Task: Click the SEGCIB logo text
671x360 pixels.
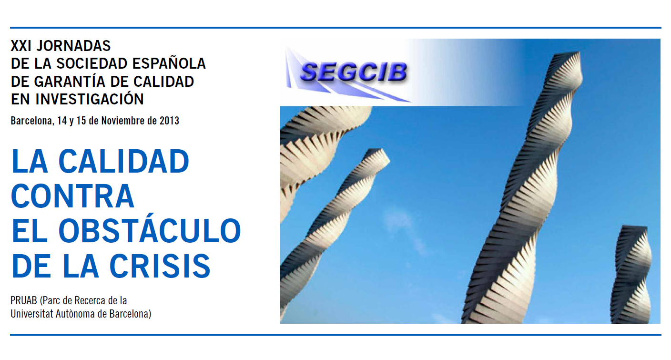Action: (354, 72)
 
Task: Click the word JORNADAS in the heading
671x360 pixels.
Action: (74, 46)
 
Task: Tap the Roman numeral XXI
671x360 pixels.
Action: (21, 46)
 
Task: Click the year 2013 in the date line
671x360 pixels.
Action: (169, 121)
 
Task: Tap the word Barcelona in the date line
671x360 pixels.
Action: (32, 121)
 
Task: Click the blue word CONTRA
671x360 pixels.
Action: (73, 196)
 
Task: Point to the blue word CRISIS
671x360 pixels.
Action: (160, 266)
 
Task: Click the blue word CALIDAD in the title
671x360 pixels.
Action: (124, 161)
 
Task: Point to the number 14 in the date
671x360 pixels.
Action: (62, 121)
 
